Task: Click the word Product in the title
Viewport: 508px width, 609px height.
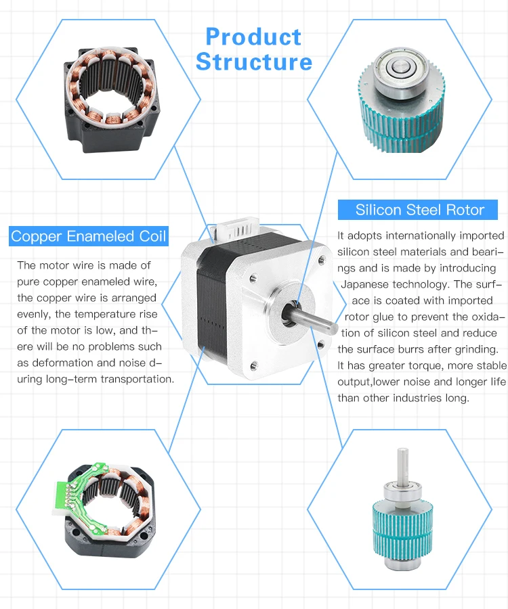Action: click(253, 37)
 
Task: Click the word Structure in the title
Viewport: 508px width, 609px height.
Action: click(254, 62)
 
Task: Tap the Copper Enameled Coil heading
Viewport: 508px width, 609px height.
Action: click(89, 236)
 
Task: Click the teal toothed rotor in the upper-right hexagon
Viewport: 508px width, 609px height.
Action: click(402, 116)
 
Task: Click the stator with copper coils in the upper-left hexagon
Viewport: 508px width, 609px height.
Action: click(112, 100)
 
